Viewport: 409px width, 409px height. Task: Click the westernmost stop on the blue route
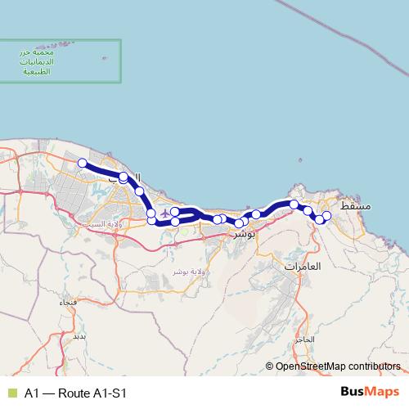[x=83, y=163]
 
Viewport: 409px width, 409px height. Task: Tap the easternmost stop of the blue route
[x=326, y=215]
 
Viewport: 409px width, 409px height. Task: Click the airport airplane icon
[x=166, y=214]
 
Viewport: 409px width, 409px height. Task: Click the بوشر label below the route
[x=245, y=234]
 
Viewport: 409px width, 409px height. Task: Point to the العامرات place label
[x=303, y=267]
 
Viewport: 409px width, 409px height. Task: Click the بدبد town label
[x=79, y=335]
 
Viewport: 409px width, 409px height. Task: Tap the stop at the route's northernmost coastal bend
[x=124, y=177]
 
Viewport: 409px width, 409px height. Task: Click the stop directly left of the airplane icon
[x=151, y=214]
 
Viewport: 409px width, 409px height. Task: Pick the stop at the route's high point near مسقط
[x=294, y=204]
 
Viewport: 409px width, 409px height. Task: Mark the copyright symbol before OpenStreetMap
[x=270, y=366]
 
